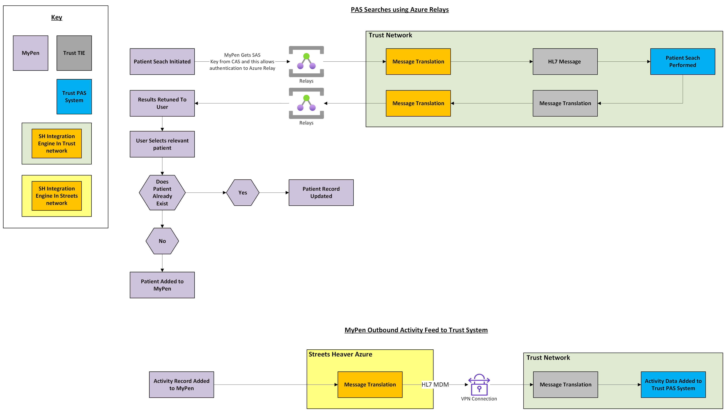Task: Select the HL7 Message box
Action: coord(565,61)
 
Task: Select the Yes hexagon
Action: coord(243,192)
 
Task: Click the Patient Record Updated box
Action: coord(321,192)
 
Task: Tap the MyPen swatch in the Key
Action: coord(31,53)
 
